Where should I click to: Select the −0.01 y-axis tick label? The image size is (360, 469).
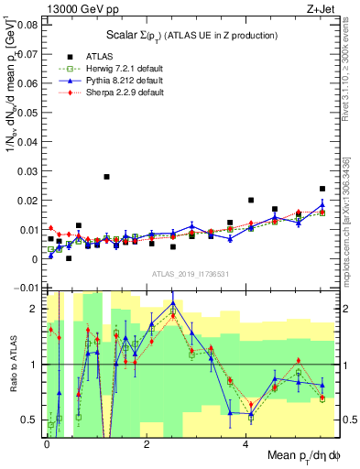(x=25, y=289)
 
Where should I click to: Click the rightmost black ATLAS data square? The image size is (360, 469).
(x=322, y=189)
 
